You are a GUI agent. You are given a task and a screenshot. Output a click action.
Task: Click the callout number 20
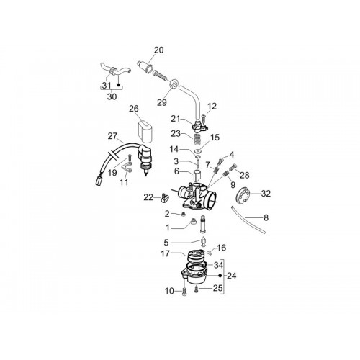point(158,50)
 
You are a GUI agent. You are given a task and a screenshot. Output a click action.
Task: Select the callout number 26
point(134,109)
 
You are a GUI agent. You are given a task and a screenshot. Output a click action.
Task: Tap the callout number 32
point(266,194)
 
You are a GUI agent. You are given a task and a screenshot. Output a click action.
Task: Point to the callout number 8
point(266,218)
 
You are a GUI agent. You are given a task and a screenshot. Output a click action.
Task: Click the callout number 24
point(231,276)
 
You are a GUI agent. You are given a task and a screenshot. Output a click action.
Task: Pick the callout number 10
point(169,291)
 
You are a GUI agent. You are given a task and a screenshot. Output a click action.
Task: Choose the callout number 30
point(112,96)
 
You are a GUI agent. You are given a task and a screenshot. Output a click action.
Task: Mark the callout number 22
point(148,197)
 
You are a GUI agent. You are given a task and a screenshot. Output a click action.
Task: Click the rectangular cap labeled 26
point(145,131)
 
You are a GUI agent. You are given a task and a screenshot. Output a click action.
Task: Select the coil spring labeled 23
point(197,140)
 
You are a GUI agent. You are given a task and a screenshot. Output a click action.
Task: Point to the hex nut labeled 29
point(174,84)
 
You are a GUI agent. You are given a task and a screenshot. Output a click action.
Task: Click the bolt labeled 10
point(184,292)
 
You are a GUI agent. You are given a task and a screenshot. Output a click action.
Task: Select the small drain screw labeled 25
point(197,290)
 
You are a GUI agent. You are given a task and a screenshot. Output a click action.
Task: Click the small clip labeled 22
point(165,198)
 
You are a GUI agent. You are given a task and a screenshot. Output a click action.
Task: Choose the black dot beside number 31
point(118,84)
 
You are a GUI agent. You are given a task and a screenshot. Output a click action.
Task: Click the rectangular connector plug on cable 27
point(99,181)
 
